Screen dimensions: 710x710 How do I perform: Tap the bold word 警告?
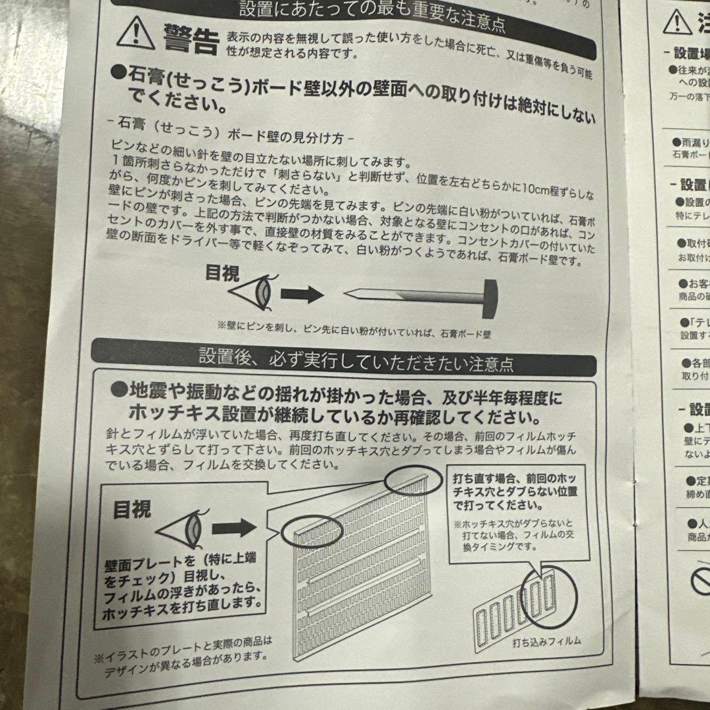click(186, 41)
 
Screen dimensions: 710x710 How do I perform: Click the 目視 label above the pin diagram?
click(222, 273)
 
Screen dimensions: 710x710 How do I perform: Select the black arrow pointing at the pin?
click(303, 294)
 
